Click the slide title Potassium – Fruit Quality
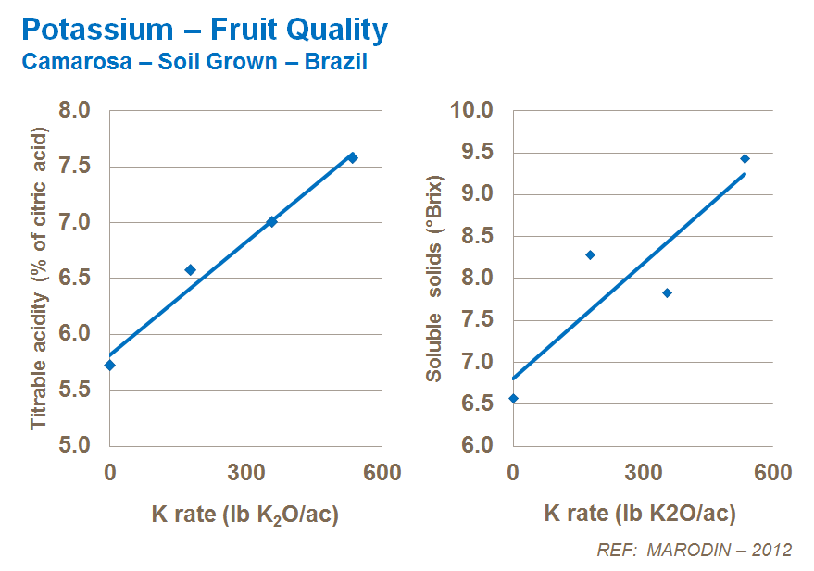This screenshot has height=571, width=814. point(204,30)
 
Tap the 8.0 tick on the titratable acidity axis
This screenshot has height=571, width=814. point(75,111)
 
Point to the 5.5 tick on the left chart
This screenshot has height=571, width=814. point(75,390)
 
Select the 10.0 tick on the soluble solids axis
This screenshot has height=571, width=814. point(472,111)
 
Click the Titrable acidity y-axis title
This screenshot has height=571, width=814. point(39,278)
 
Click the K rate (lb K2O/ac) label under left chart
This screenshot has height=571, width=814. point(245,515)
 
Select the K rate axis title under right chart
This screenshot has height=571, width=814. point(640,515)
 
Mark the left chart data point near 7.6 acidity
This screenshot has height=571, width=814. point(352,158)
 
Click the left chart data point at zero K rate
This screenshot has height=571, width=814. point(110,365)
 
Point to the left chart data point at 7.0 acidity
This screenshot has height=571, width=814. point(271,221)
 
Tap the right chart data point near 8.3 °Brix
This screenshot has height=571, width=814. point(590,254)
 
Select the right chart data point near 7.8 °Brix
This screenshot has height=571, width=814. point(667,293)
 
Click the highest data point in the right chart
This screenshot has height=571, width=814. point(745,159)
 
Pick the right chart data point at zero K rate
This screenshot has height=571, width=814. point(513,398)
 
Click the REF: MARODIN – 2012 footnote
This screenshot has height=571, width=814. point(695,550)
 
